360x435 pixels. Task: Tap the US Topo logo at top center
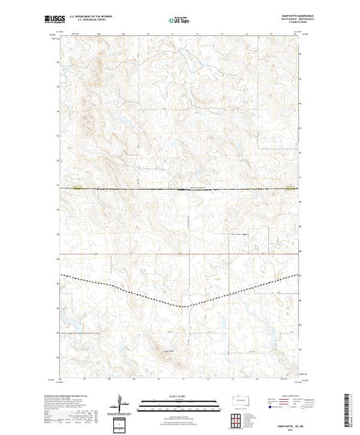click(179, 21)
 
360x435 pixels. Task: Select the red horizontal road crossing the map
click(179, 253)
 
